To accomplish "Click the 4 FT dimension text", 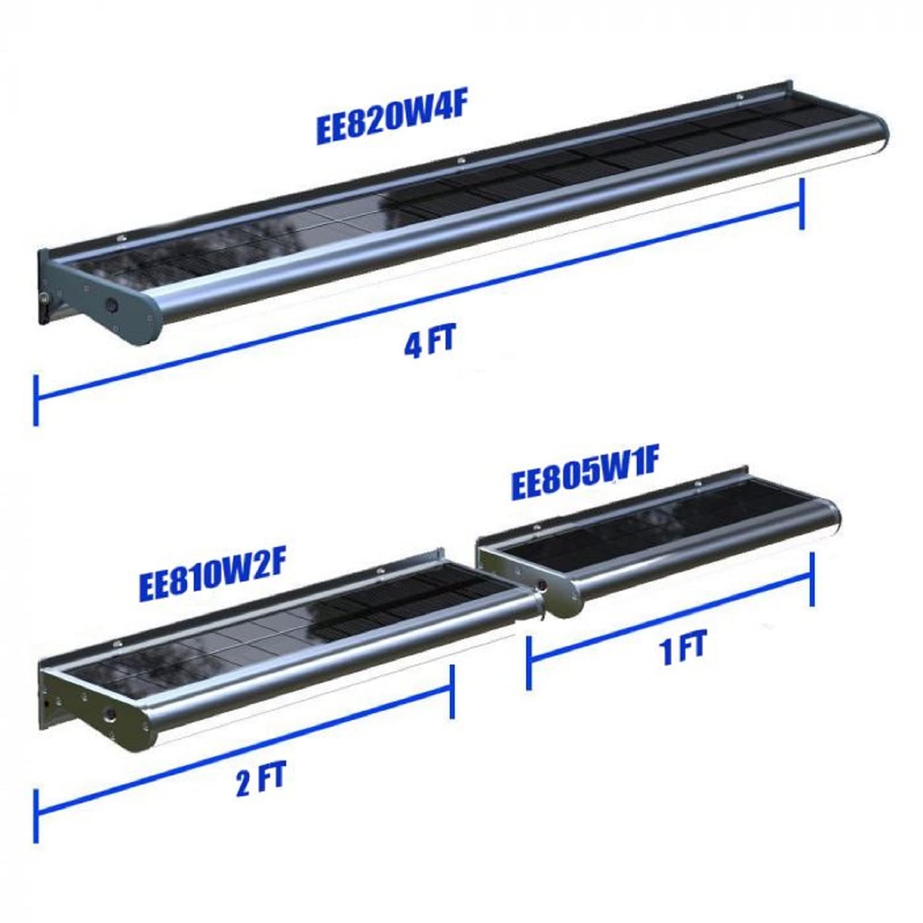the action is click(x=429, y=342).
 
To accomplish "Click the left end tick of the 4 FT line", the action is click(x=36, y=399).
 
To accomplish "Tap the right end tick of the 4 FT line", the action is click(x=801, y=204).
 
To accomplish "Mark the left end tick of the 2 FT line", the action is click(x=36, y=816).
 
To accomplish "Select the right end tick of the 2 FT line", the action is click(x=452, y=691).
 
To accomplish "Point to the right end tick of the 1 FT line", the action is click(x=813, y=579).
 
